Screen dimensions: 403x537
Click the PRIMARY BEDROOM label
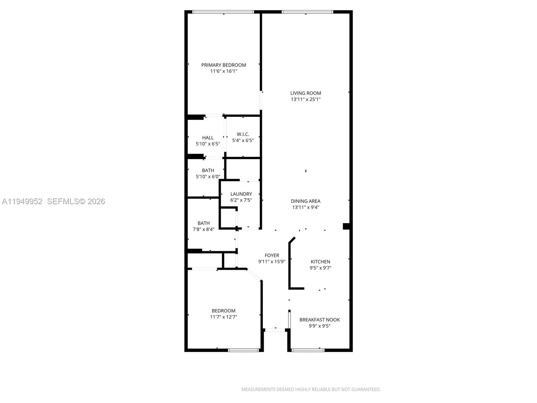[x=224, y=65]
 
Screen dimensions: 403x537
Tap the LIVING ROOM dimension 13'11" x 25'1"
[x=305, y=99]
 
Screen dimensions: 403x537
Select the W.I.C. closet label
[x=243, y=134]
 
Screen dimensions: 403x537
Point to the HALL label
[x=208, y=138]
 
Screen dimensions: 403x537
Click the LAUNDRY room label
[x=241, y=194]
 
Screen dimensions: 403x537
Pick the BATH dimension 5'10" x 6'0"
[x=208, y=177]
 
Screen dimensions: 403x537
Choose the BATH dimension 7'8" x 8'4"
[x=203, y=229]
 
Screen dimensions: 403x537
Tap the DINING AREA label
[x=305, y=201]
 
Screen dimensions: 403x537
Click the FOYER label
[x=272, y=255]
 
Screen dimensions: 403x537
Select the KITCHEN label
[x=320, y=262]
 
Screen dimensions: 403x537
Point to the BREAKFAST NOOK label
[x=320, y=320]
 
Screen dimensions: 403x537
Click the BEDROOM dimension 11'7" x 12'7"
[x=224, y=317]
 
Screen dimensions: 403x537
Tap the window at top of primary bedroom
[x=223, y=12]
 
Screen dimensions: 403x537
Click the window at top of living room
[x=307, y=12]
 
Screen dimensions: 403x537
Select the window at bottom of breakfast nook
[x=308, y=350]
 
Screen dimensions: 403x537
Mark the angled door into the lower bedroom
[x=254, y=275]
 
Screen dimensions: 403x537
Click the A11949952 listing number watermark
[x=22, y=201]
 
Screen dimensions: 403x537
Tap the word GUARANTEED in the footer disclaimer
[x=365, y=390]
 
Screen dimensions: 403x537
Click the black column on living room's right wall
[x=346, y=226]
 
